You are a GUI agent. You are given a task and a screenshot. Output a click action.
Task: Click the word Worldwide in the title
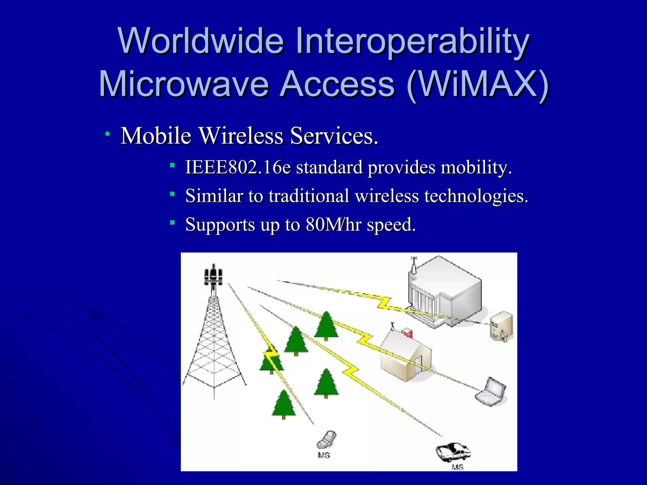click(201, 41)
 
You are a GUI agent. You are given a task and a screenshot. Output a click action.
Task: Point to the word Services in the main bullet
click(334, 136)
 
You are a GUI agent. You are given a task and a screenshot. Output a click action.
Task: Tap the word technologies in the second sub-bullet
click(476, 196)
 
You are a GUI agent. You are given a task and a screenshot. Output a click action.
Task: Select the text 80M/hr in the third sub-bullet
click(334, 225)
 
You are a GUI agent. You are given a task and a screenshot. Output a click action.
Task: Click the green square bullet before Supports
click(172, 223)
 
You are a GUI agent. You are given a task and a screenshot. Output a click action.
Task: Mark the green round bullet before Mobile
click(108, 134)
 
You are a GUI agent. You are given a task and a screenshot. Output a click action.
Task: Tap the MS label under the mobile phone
click(324, 455)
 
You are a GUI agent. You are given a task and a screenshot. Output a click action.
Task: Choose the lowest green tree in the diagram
click(284, 404)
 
